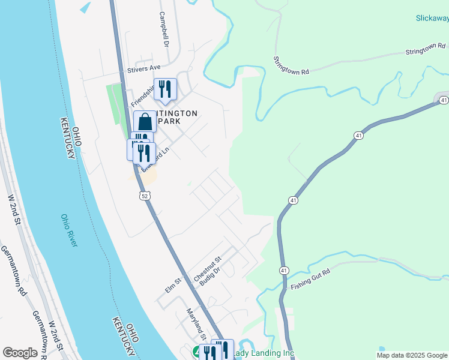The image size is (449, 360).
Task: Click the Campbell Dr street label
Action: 164,29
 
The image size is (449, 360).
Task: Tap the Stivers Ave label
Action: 144,70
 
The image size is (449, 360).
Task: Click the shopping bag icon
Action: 145,122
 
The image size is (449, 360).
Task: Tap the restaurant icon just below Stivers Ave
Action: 164,89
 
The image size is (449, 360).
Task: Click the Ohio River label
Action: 69,230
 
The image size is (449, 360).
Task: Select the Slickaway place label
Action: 432,18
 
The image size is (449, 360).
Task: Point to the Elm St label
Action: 173,286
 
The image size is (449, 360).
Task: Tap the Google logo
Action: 20,353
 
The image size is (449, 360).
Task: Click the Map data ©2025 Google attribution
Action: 412,355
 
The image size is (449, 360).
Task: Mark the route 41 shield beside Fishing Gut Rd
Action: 283,271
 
